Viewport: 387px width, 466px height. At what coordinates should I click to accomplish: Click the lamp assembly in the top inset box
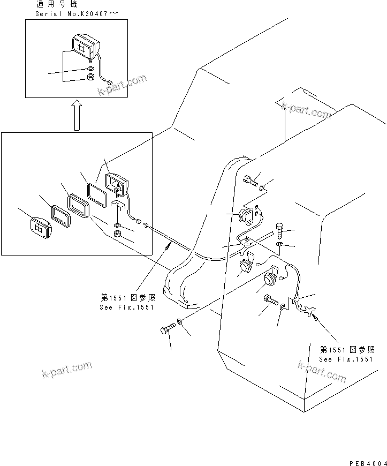pyautogui.click(x=83, y=45)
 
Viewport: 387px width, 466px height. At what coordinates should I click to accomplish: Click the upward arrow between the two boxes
pyautogui.click(x=77, y=115)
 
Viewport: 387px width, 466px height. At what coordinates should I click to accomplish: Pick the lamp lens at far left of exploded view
pyautogui.click(x=41, y=227)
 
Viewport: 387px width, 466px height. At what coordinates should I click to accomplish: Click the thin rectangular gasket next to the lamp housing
pyautogui.click(x=96, y=193)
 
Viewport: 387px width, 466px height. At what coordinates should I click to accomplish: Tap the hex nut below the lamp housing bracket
pyautogui.click(x=117, y=233)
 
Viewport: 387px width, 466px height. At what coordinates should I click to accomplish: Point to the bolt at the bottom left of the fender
pyautogui.click(x=168, y=330)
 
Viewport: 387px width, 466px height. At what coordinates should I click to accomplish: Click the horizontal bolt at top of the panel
pyautogui.click(x=249, y=180)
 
